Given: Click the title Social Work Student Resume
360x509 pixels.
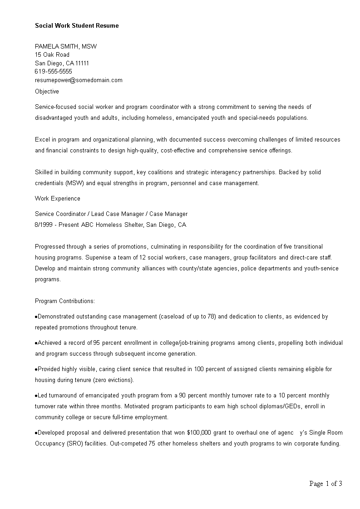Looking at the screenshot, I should [x=77, y=26].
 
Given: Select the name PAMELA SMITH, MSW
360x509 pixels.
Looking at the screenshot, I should [x=66, y=46].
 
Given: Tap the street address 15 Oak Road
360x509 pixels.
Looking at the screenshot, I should [x=52, y=55].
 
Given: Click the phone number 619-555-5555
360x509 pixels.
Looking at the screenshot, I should [x=54, y=72].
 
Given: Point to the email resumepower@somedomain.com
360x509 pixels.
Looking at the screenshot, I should [x=79, y=80].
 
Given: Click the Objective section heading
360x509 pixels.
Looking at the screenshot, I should [x=47, y=92].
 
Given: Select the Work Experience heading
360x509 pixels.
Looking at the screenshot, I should [x=58, y=199].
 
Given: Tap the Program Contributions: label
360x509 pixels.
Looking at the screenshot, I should [x=65, y=301].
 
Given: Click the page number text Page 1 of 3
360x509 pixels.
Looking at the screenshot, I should [x=325, y=484].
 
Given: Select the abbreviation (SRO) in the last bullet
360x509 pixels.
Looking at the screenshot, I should [x=72, y=444].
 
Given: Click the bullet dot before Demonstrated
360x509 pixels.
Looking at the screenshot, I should [x=36, y=317].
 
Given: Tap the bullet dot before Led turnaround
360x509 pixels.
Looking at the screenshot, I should [x=36, y=396].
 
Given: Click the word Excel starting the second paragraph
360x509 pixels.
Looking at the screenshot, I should [x=42, y=140].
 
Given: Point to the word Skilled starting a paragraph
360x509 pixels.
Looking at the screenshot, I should [x=44, y=172].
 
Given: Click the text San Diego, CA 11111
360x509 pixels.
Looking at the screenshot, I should [x=62, y=64].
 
